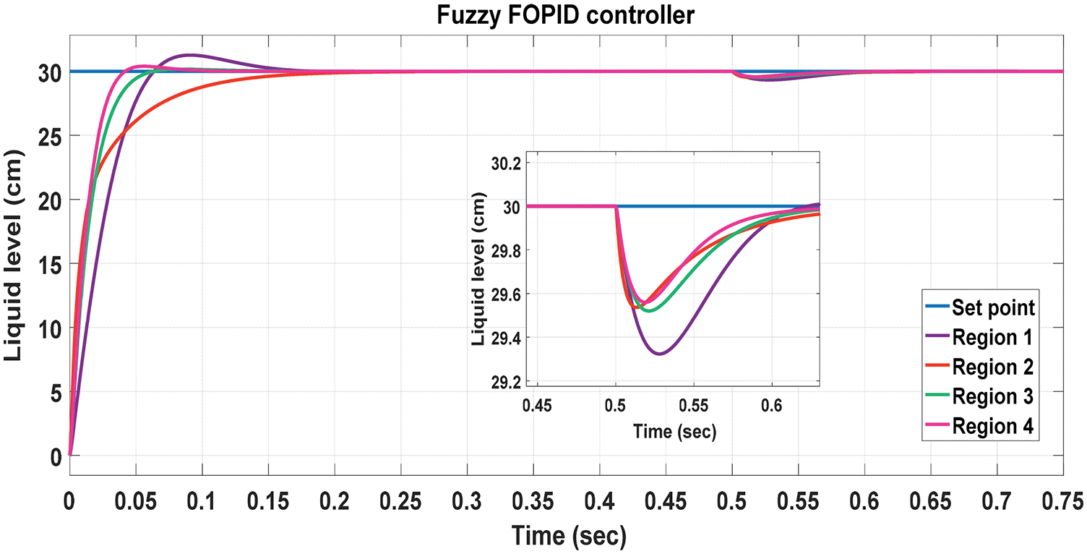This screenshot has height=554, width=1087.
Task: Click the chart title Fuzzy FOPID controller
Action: coord(565,15)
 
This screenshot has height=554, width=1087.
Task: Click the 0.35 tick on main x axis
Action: coord(533,500)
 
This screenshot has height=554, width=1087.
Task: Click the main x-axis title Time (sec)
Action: coord(568,536)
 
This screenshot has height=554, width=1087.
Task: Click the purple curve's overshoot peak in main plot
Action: coord(189,55)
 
